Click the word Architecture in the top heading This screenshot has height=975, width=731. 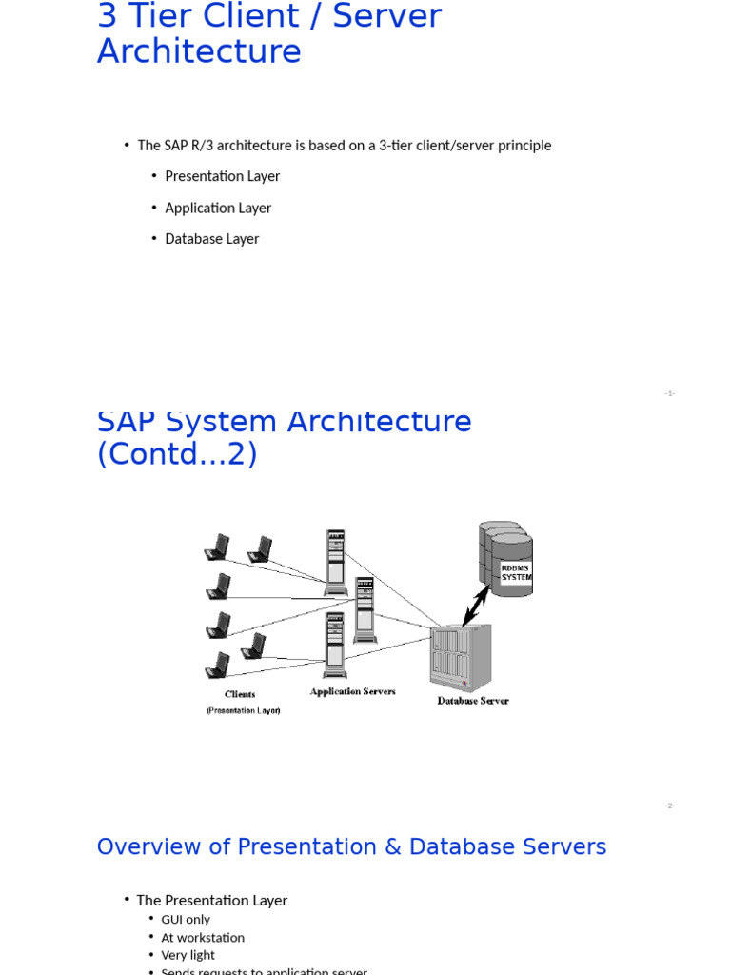(199, 51)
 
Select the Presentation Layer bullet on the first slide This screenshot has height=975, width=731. (222, 176)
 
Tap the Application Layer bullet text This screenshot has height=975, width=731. (218, 208)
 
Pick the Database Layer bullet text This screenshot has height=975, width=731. (211, 239)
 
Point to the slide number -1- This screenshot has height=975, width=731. (669, 393)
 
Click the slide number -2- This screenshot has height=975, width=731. (669, 806)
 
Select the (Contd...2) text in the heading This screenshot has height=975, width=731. (177, 454)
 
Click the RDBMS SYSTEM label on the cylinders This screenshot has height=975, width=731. (516, 572)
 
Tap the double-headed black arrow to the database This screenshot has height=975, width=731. (476, 606)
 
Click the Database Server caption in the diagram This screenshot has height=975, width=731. (473, 701)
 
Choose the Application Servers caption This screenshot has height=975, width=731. (352, 691)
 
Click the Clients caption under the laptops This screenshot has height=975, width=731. (240, 694)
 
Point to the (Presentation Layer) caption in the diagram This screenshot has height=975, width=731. (244, 710)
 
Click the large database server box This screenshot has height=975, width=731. (461, 657)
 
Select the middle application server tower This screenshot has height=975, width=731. (365, 609)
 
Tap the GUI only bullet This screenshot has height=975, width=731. (186, 920)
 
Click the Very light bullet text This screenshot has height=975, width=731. (188, 955)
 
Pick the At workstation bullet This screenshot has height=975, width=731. (203, 938)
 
